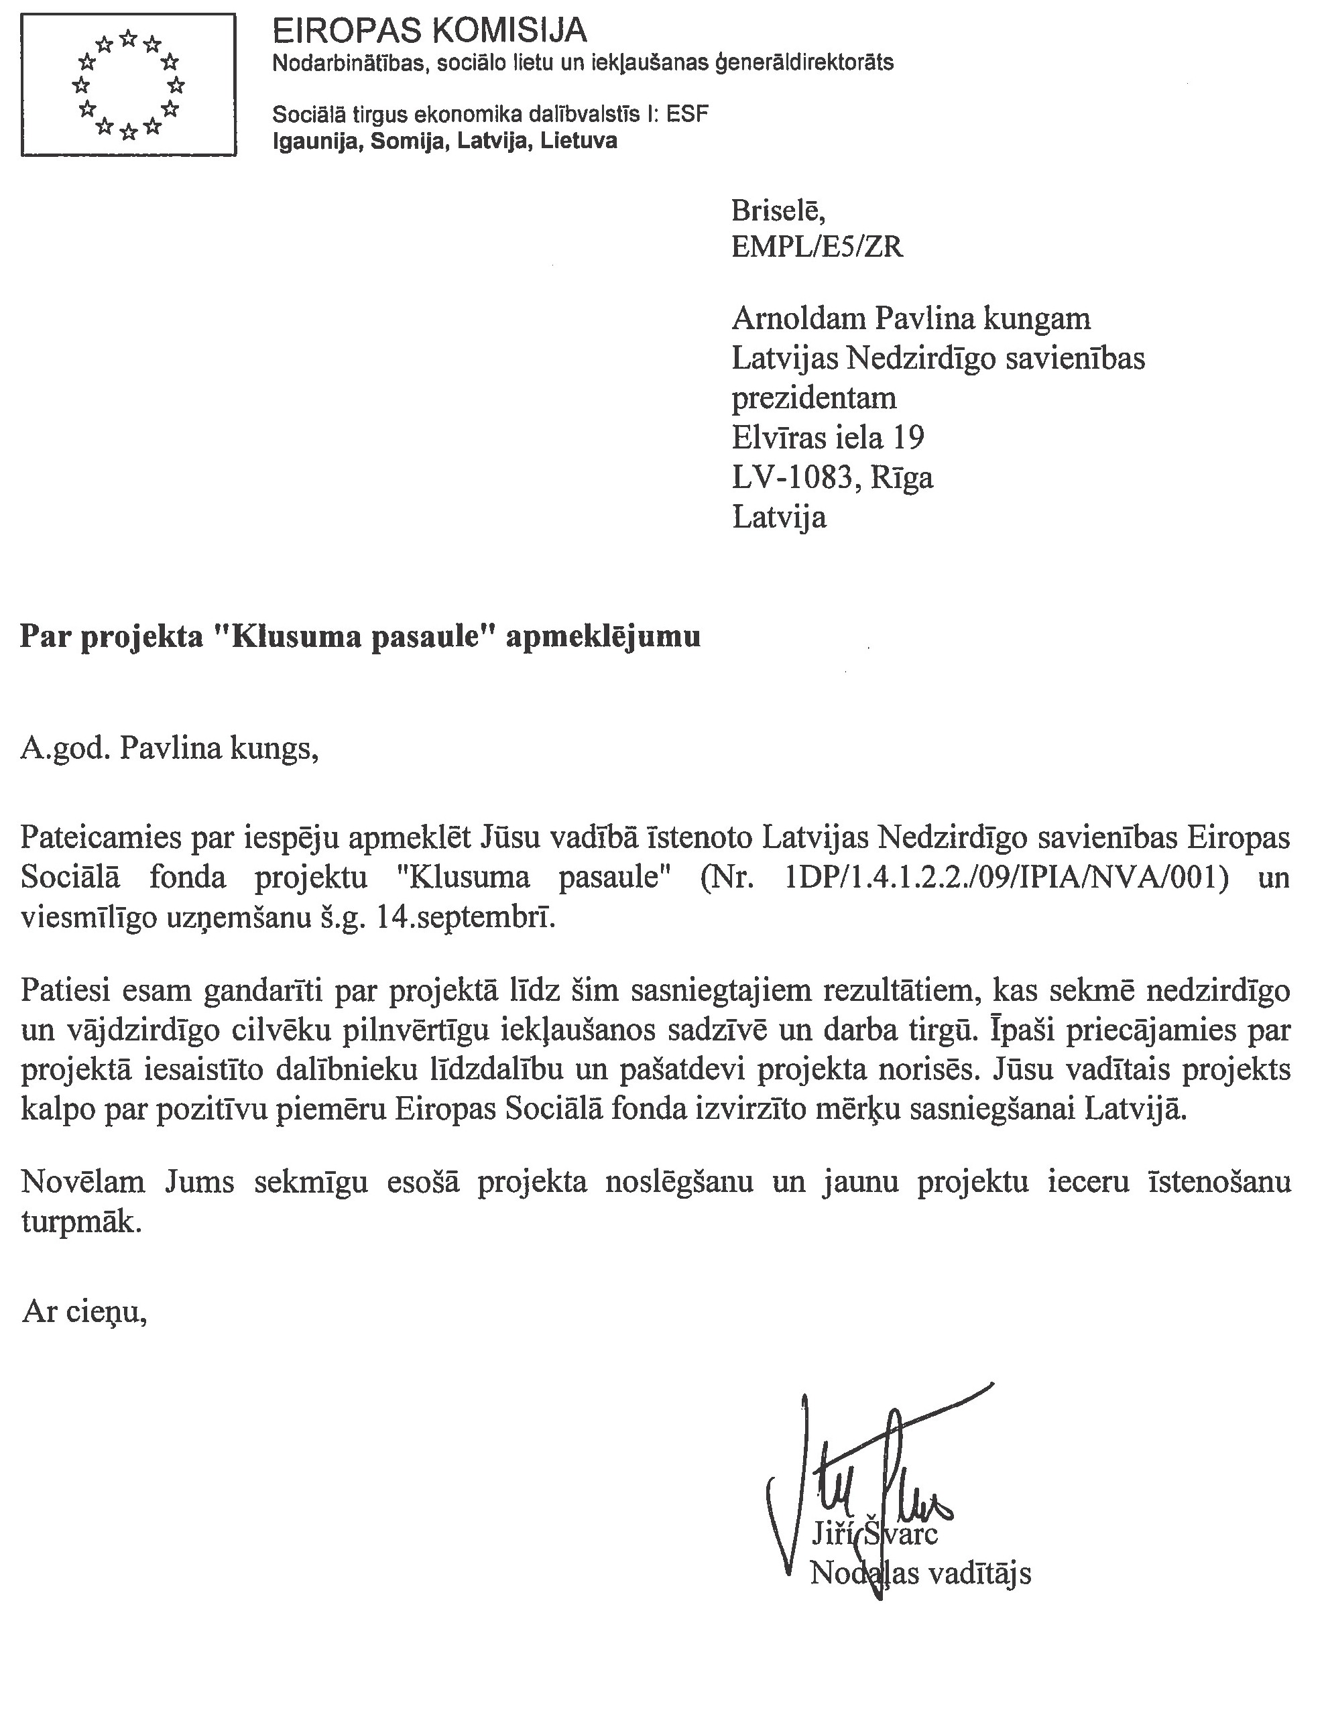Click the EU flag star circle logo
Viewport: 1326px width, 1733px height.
pyautogui.click(x=128, y=84)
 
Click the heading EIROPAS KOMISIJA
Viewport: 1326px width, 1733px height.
pyautogui.click(x=429, y=32)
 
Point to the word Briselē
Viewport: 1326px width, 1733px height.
pyautogui.click(x=778, y=211)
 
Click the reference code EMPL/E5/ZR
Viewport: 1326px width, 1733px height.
pyautogui.click(x=817, y=248)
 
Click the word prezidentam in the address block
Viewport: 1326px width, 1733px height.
pyautogui.click(x=814, y=398)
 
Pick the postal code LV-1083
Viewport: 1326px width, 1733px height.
pyautogui.click(x=792, y=477)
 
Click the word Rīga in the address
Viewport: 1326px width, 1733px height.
pyautogui.click(x=902, y=478)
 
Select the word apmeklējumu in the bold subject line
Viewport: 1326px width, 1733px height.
pyautogui.click(x=602, y=636)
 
